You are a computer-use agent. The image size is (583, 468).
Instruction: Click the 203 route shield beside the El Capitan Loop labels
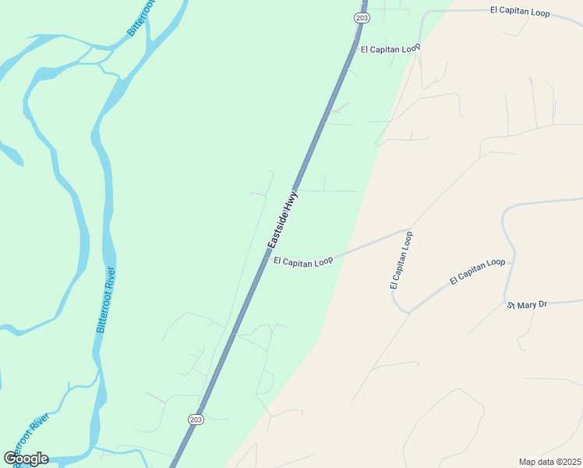361,17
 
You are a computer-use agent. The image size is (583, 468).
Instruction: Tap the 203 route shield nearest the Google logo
196,419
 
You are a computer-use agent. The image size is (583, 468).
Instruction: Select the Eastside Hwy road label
283,221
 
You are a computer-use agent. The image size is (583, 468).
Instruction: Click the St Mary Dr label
527,304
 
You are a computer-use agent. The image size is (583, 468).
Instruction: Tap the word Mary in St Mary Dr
528,304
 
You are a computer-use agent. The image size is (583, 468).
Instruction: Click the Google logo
26,459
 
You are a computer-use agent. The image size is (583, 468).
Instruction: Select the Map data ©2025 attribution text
549,462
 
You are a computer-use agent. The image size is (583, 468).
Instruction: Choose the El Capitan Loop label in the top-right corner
520,12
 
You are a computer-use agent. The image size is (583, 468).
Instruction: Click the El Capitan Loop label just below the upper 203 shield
390,48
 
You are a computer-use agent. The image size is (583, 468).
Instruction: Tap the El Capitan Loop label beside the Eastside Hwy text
303,261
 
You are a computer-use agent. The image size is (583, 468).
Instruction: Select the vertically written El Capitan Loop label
401,261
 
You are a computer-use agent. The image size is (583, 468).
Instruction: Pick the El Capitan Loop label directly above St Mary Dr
478,271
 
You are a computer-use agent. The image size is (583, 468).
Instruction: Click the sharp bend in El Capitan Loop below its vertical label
407,312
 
